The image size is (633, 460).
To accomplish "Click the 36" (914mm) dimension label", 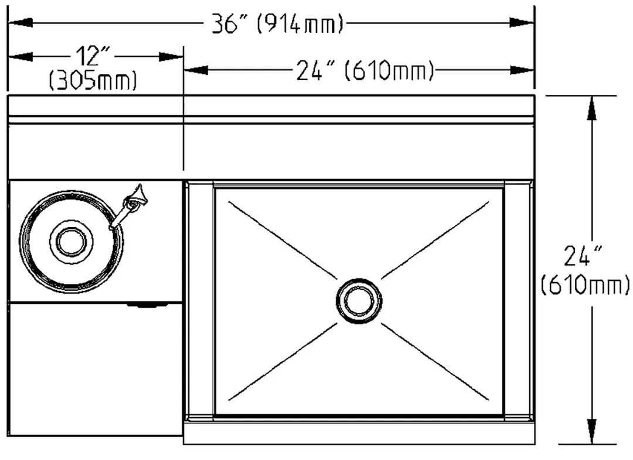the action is tap(278, 24).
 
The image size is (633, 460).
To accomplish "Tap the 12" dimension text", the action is tap(93, 56).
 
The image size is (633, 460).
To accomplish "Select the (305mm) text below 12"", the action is tap(93, 80).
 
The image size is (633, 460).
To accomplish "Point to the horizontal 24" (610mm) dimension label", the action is tap(365, 71).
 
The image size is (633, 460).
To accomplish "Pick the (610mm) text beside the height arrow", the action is tap(585, 285).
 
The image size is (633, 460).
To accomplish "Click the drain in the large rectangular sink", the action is tap(359, 300).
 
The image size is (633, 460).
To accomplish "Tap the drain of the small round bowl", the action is tap(72, 242).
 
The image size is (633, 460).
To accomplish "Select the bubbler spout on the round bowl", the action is tap(129, 207).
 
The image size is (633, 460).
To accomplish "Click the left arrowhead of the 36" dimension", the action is tap(20, 23).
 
